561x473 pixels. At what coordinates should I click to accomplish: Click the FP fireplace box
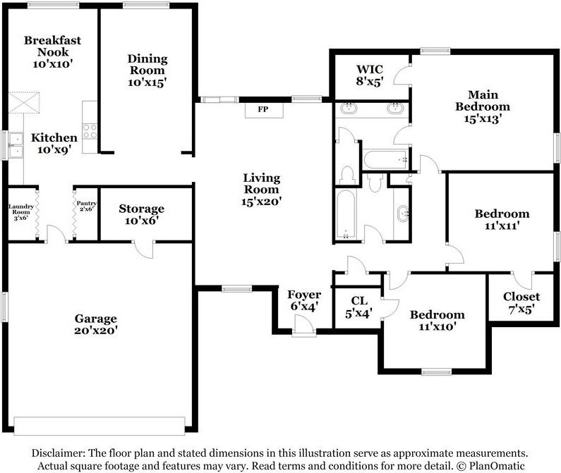coord(264,110)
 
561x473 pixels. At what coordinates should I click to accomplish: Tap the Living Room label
coord(262,183)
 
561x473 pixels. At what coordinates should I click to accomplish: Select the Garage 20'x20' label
coord(96,324)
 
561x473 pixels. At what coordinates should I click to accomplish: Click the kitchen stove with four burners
coord(90,131)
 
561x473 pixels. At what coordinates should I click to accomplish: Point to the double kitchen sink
coord(16,145)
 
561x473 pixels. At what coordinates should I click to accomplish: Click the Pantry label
coord(87,203)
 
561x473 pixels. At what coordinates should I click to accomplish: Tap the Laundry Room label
coord(21,209)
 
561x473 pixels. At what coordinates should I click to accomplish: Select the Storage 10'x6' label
coord(142,214)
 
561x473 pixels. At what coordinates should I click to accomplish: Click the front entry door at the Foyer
coord(303,326)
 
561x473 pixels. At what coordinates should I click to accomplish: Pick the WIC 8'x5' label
coord(370,75)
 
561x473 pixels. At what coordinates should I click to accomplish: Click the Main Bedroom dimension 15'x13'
coord(483,118)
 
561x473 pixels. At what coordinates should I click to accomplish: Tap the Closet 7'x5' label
coord(521,302)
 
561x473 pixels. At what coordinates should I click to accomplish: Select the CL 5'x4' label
coord(359,307)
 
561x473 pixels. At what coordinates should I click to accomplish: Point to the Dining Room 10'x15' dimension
coord(147,82)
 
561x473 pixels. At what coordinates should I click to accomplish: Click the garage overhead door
coord(99,426)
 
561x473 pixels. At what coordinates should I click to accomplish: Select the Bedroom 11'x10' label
coord(438,320)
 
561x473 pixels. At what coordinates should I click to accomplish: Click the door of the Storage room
coord(144,250)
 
